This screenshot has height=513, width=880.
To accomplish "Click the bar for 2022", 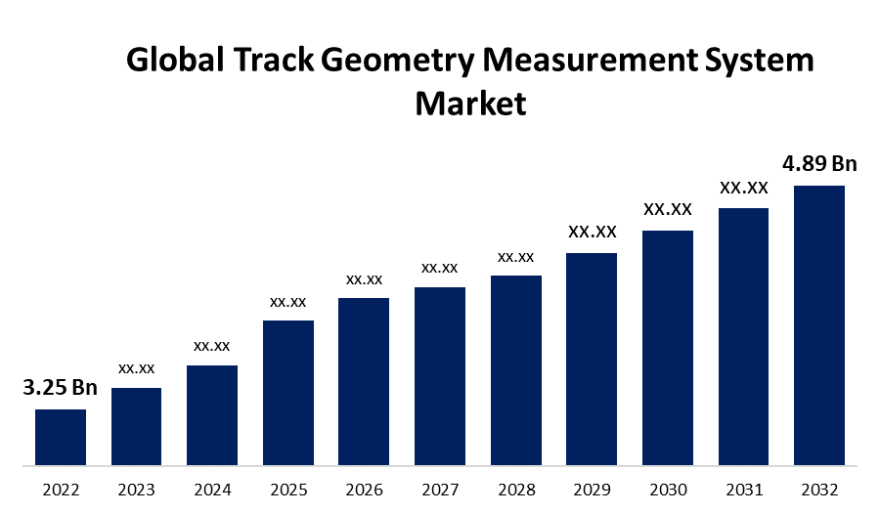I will pyautogui.click(x=61, y=437).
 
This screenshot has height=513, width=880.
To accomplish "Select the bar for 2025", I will pyautogui.click(x=287, y=392).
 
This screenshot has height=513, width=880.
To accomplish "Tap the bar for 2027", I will pyautogui.click(x=440, y=375).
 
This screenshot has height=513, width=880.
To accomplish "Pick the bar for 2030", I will pyautogui.click(x=668, y=347).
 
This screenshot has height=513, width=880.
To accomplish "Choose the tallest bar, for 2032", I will pyautogui.click(x=819, y=324).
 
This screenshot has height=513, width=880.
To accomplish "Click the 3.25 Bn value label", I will pyautogui.click(x=60, y=388).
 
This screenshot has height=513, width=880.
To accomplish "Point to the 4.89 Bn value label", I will pyautogui.click(x=819, y=162).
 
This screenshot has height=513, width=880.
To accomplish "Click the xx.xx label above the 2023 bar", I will pyautogui.click(x=137, y=368).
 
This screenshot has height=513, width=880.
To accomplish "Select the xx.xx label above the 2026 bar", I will pyautogui.click(x=364, y=279).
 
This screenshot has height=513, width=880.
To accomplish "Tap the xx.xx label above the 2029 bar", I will pyautogui.click(x=592, y=232).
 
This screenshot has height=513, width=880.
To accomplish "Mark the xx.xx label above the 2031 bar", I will pyautogui.click(x=744, y=187).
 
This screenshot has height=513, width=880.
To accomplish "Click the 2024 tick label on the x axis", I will pyautogui.click(x=212, y=489).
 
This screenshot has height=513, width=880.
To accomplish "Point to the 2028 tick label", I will pyautogui.click(x=515, y=489).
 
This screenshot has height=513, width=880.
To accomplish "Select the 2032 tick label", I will pyautogui.click(x=819, y=489).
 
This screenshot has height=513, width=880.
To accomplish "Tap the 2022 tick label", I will pyautogui.click(x=61, y=489).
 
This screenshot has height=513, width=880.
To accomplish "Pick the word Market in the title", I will pyautogui.click(x=470, y=104).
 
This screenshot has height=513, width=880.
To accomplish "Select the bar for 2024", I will pyautogui.click(x=212, y=414).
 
